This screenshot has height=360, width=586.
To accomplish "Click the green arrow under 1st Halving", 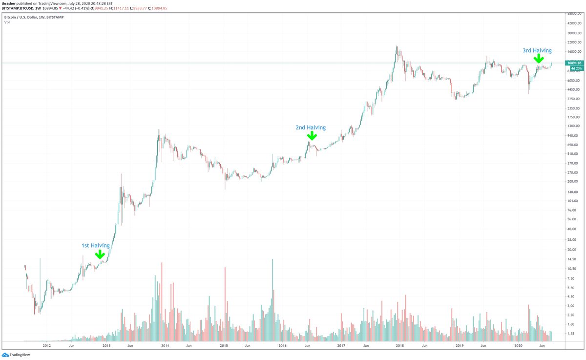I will pos(100,254).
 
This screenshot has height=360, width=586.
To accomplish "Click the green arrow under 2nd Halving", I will pos(311,136).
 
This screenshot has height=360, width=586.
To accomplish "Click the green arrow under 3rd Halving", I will pos(538,58).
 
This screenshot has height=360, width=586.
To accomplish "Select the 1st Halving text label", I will pos(95,245).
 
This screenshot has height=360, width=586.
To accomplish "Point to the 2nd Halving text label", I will pos(310,127).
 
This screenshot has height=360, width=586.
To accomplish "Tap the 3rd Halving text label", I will pos(537,50).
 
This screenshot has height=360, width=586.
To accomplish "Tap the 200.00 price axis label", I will pos(572,182).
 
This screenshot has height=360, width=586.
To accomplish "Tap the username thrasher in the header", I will pos(11,3).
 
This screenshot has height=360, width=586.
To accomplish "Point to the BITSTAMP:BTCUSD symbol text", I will pos(20,8).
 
